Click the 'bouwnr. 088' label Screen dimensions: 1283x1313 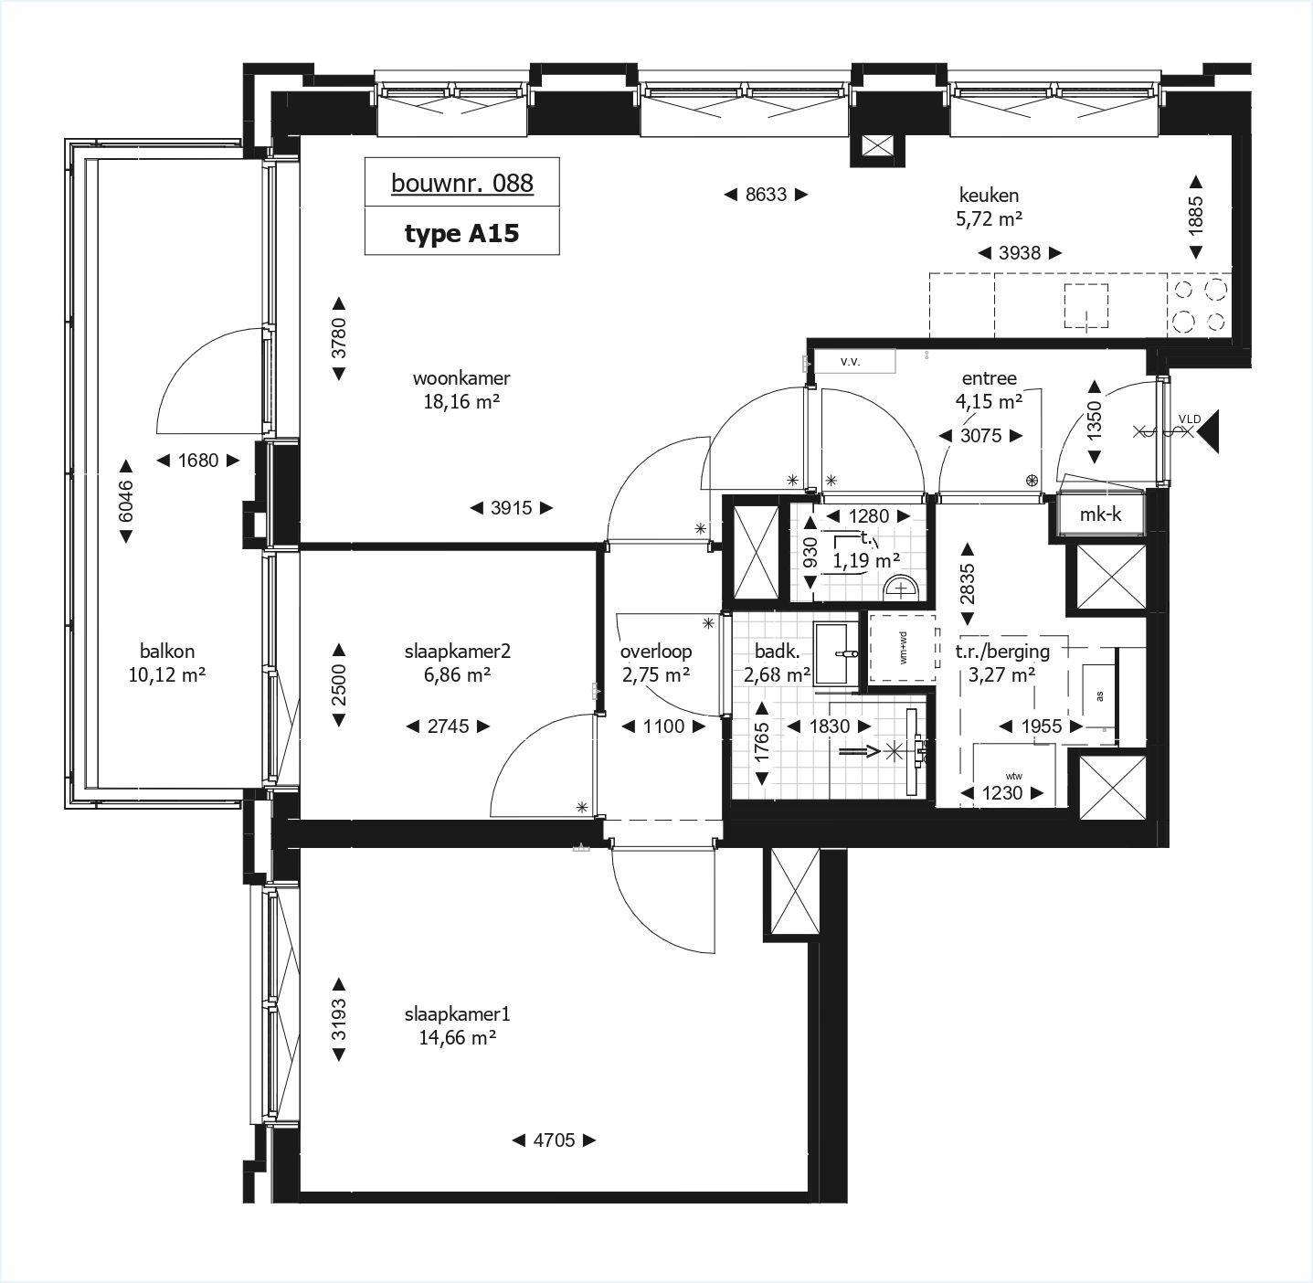(x=461, y=183)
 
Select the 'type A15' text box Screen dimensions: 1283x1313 (x=461, y=233)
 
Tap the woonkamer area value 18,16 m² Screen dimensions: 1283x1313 (x=461, y=402)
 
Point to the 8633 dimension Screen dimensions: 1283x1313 (x=765, y=194)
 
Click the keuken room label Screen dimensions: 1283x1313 (x=989, y=195)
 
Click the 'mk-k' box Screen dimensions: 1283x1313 (x=1100, y=514)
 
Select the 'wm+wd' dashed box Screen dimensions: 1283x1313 (x=903, y=649)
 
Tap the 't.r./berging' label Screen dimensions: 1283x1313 (x=1002, y=652)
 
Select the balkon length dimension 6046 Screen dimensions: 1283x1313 (x=126, y=501)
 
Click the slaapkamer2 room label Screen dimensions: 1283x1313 (x=457, y=652)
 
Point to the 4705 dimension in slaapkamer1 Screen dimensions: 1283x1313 (x=553, y=1140)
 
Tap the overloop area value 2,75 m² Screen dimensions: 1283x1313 (x=655, y=675)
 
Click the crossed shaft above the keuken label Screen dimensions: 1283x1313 (x=878, y=146)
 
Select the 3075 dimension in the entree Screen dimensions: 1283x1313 (x=981, y=436)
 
